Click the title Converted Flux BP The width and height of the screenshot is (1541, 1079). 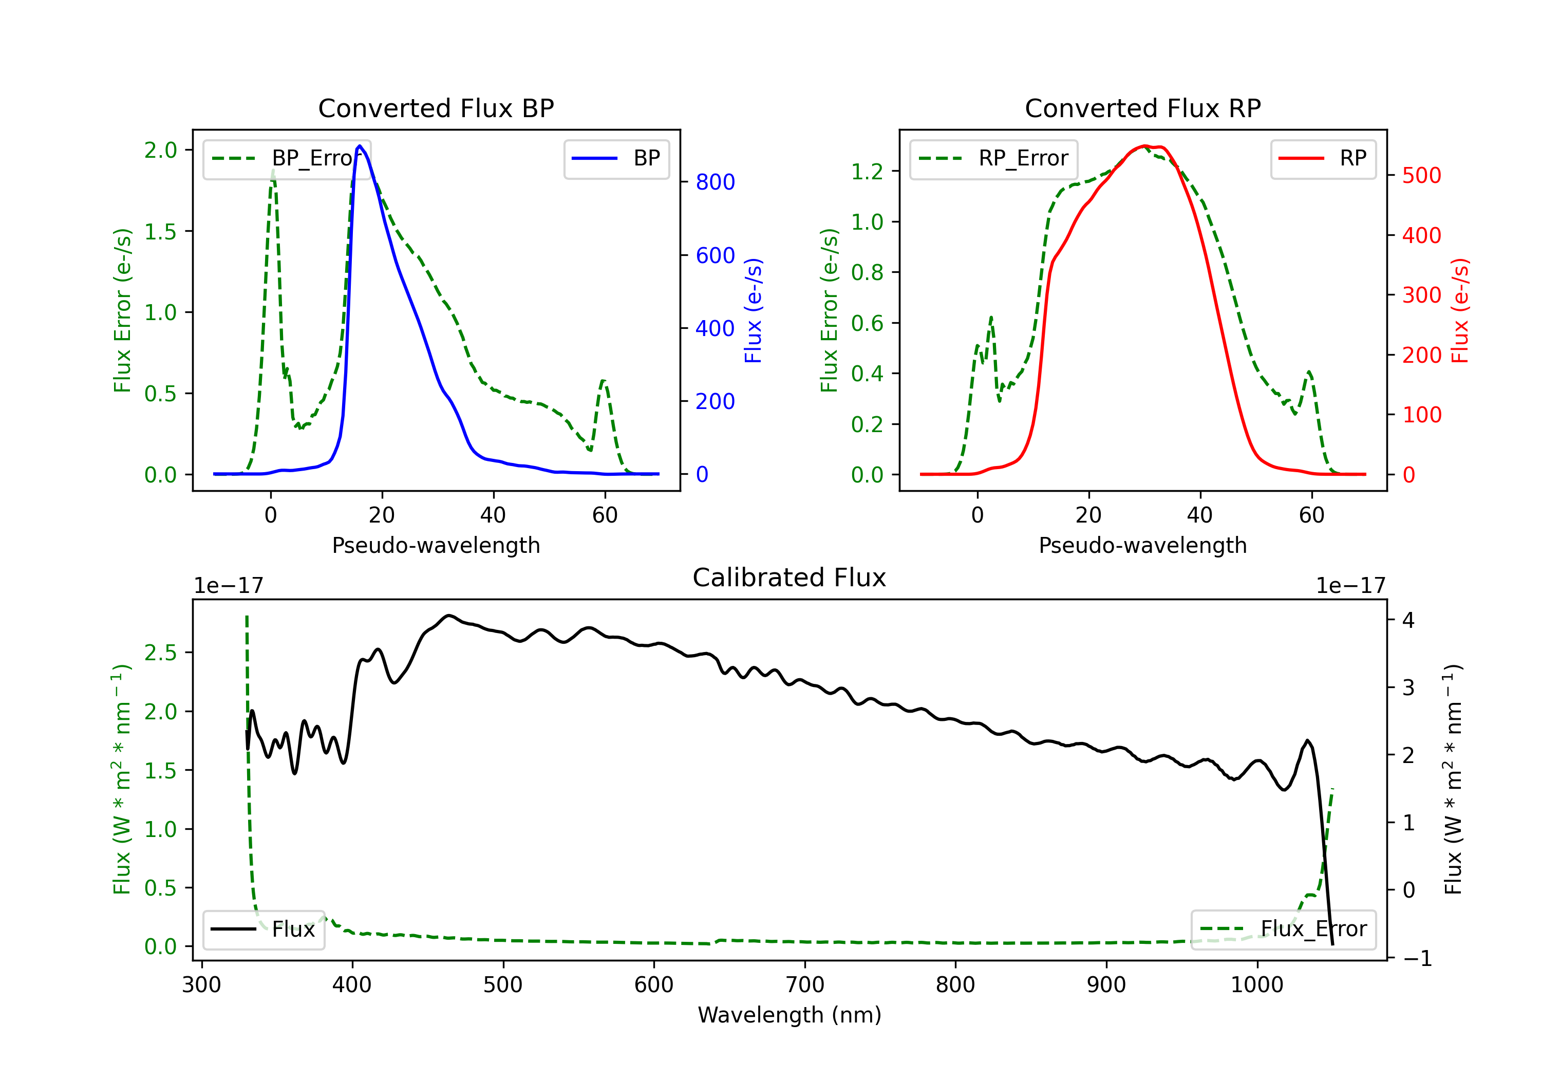click(436, 108)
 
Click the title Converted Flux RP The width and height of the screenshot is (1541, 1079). click(1142, 108)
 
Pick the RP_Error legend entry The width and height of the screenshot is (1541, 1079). click(994, 158)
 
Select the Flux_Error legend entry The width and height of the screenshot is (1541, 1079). click(1283, 929)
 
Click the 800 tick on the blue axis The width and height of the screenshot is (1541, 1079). click(715, 182)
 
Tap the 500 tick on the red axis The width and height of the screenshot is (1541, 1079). click(1421, 176)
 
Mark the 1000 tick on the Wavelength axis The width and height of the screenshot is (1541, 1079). click(1256, 985)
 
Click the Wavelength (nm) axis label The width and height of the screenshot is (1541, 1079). click(790, 1015)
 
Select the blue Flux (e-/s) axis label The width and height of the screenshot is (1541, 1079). click(753, 310)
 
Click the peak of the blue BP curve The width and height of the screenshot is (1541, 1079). click(360, 146)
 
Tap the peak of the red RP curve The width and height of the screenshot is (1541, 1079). click(1145, 146)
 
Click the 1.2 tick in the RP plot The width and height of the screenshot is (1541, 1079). click(867, 172)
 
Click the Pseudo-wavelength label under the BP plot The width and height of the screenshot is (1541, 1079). click(436, 545)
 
